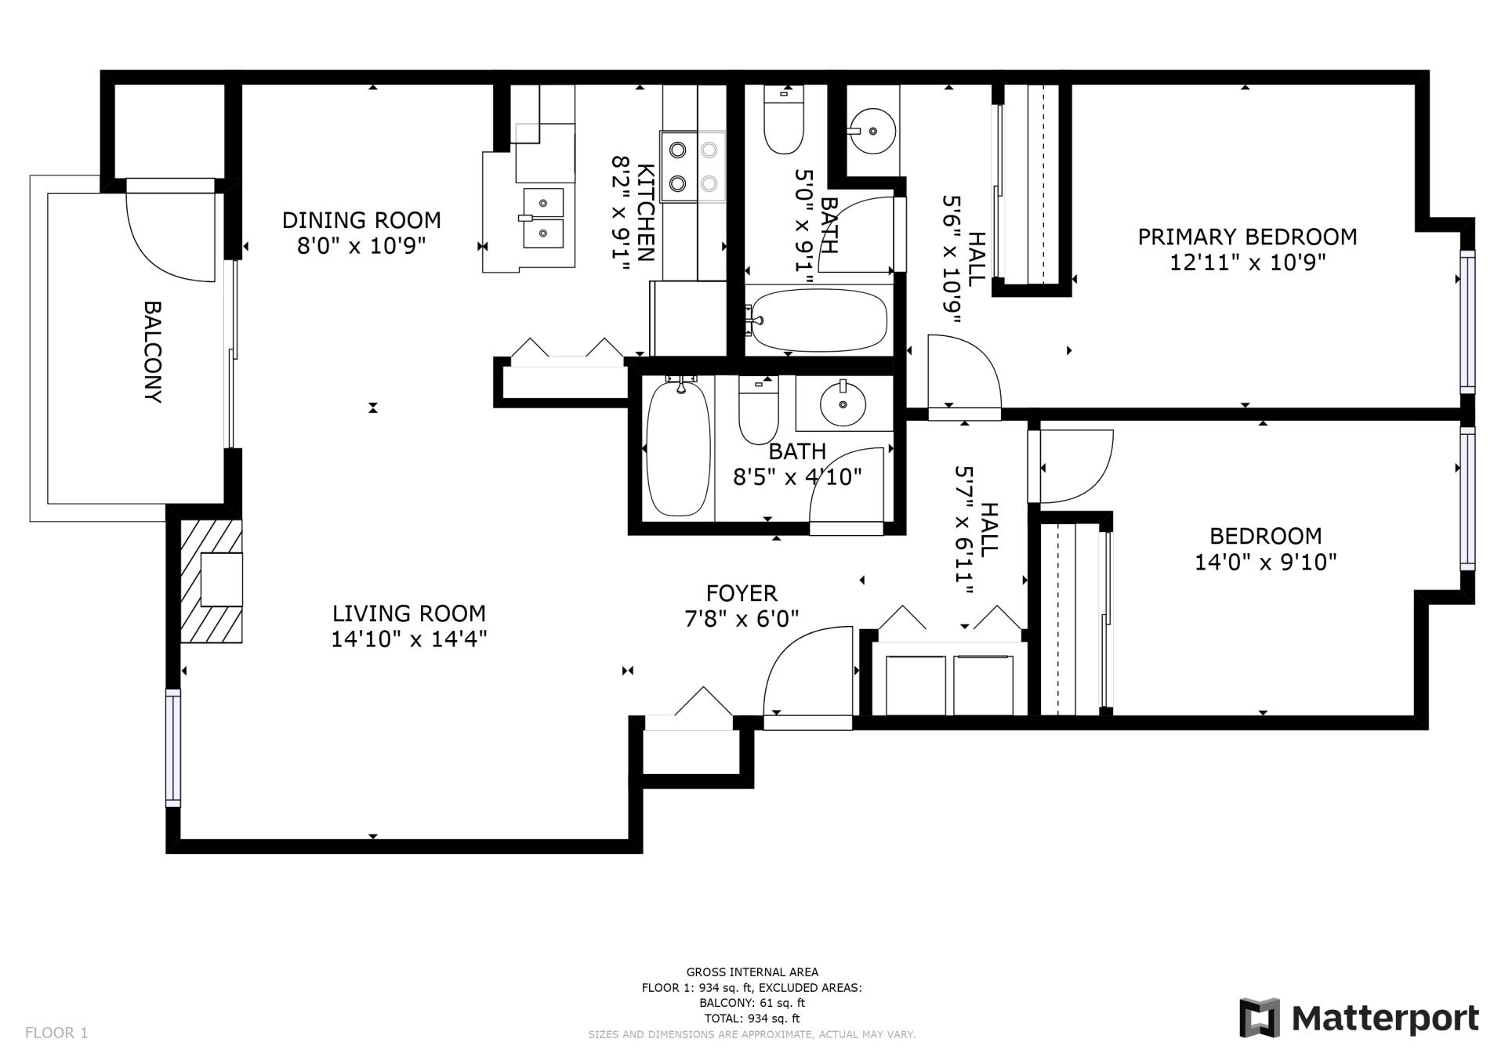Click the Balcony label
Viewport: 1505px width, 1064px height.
click(x=153, y=352)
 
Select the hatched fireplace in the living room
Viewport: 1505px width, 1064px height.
click(x=210, y=581)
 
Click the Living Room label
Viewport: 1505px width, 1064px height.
click(x=408, y=613)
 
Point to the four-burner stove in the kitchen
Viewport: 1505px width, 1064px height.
click(x=693, y=167)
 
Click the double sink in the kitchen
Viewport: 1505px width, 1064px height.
click(x=542, y=218)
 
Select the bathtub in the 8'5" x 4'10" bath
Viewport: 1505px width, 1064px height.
click(x=678, y=448)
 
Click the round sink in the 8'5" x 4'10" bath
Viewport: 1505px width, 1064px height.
click(x=843, y=404)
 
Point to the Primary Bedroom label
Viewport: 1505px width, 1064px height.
click(x=1247, y=237)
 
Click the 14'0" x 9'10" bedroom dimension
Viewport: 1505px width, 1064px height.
click(x=1265, y=563)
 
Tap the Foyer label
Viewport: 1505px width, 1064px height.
click(x=742, y=593)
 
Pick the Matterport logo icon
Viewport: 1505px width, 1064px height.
click(x=1259, y=1018)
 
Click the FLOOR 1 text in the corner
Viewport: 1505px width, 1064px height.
click(x=56, y=1033)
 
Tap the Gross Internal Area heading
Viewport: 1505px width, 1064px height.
click(x=752, y=972)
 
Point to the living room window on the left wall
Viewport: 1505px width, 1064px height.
click(x=173, y=748)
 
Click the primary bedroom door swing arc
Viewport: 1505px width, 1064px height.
click(x=968, y=368)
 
